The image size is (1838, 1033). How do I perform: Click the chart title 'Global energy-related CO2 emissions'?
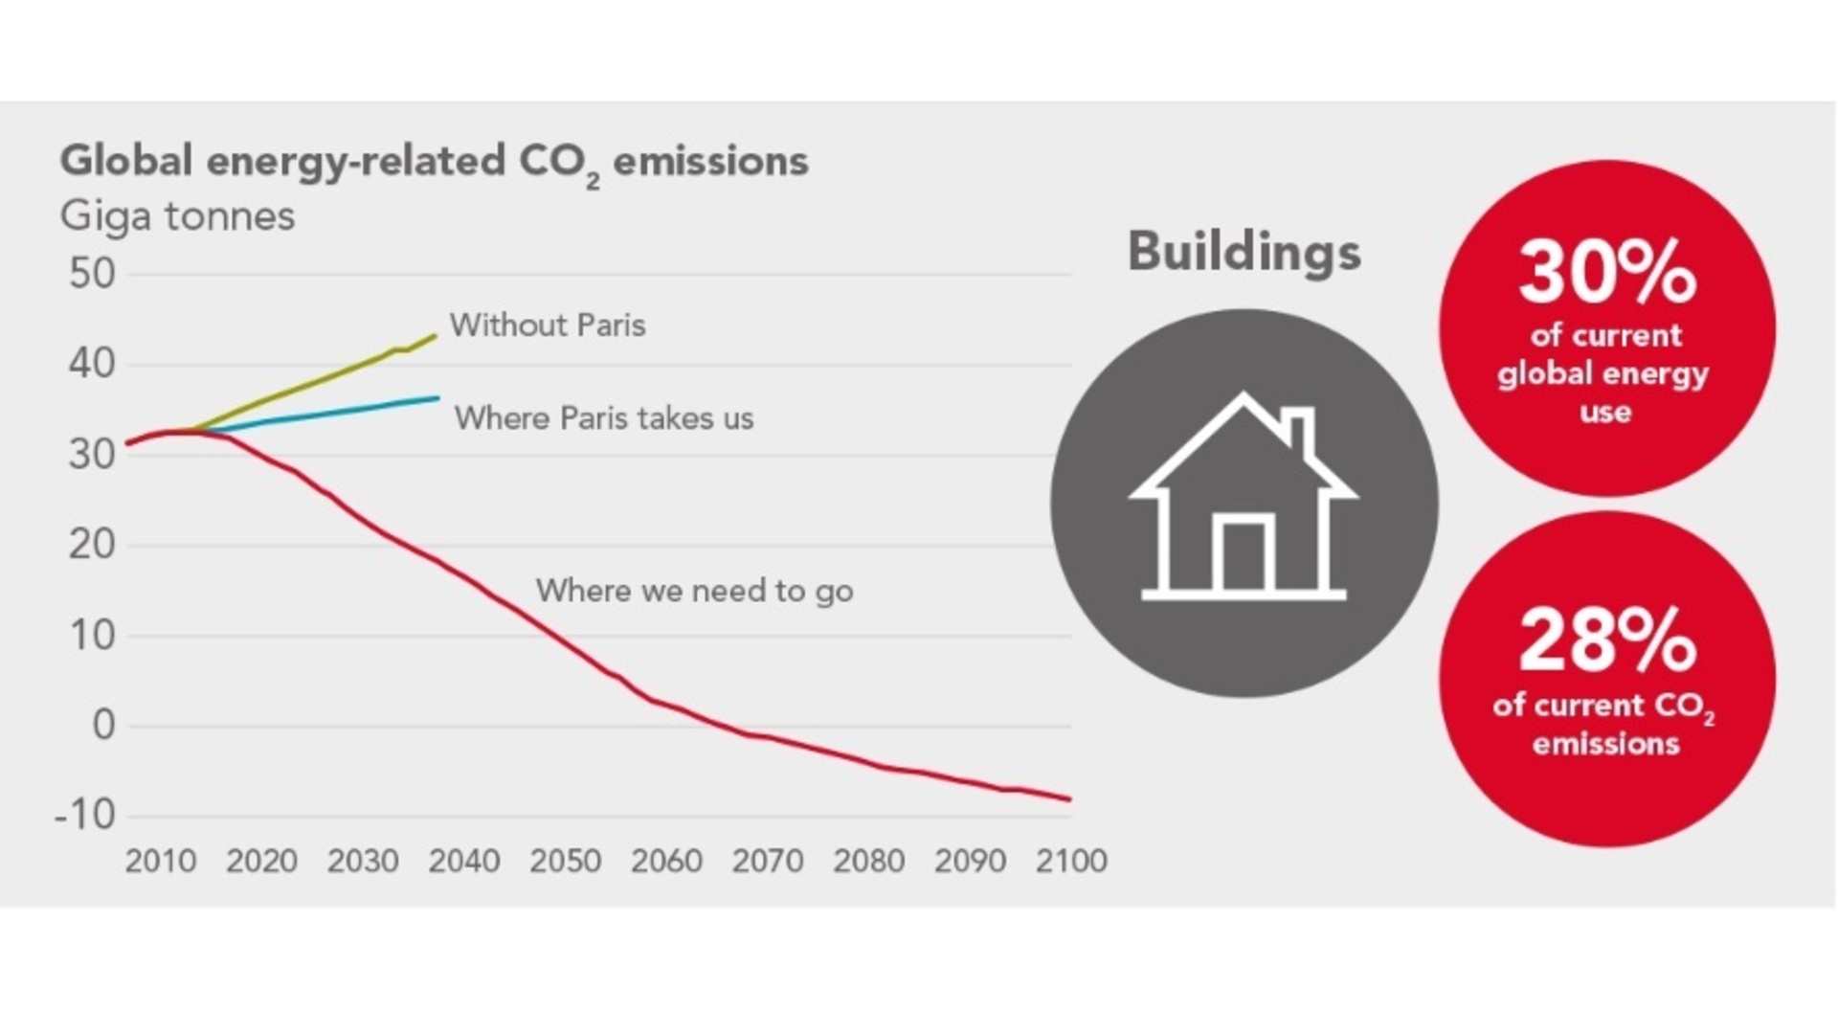click(434, 161)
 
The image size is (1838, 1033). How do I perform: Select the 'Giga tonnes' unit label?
click(177, 215)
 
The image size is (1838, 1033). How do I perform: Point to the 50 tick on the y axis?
click(92, 274)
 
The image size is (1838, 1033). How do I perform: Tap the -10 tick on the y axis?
click(85, 816)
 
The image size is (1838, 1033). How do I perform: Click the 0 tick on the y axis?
click(102, 726)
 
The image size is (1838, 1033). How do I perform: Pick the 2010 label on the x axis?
click(161, 861)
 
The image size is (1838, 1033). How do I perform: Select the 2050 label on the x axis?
click(566, 861)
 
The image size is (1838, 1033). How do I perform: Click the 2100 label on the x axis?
click(1071, 861)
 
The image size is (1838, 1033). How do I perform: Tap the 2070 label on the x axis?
click(768, 861)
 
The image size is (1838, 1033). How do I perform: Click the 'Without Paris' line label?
click(548, 326)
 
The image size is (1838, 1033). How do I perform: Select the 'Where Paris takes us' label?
click(603, 418)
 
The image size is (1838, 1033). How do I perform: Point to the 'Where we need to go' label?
click(694, 591)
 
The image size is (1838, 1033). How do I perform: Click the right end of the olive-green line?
click(436, 336)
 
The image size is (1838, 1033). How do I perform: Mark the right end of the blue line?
click(438, 397)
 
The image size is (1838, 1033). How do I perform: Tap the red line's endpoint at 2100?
click(1070, 798)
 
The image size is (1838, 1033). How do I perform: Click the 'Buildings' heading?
click(1244, 252)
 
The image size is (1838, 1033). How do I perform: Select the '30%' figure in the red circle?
click(1606, 273)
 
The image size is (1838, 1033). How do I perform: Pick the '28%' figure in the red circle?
click(1606, 641)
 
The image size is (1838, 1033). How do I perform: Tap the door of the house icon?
click(1244, 555)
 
